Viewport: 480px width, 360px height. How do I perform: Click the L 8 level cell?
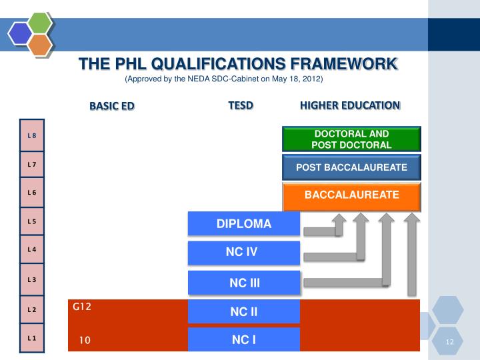click(32, 135)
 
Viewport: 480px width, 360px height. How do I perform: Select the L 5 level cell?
click(32, 221)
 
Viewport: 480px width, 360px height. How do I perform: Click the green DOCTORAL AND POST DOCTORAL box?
click(351, 139)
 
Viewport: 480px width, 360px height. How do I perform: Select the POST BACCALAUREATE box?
click(351, 167)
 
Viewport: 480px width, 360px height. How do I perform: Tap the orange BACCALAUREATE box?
click(351, 195)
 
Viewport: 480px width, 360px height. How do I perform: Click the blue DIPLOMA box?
click(244, 224)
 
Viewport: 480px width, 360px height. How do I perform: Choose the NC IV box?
click(244, 252)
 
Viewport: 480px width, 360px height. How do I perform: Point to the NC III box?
click(244, 283)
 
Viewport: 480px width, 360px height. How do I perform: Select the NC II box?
click(244, 311)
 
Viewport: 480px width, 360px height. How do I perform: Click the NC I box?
click(244, 339)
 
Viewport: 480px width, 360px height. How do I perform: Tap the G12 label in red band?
click(82, 307)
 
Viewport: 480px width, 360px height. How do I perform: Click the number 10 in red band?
click(84, 340)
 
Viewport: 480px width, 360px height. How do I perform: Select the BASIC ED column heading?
click(112, 106)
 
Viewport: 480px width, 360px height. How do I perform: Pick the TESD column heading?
click(241, 105)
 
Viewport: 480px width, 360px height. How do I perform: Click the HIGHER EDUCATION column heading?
click(349, 105)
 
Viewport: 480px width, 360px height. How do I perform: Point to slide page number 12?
click(449, 342)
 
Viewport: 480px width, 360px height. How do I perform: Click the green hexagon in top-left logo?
click(41, 23)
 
